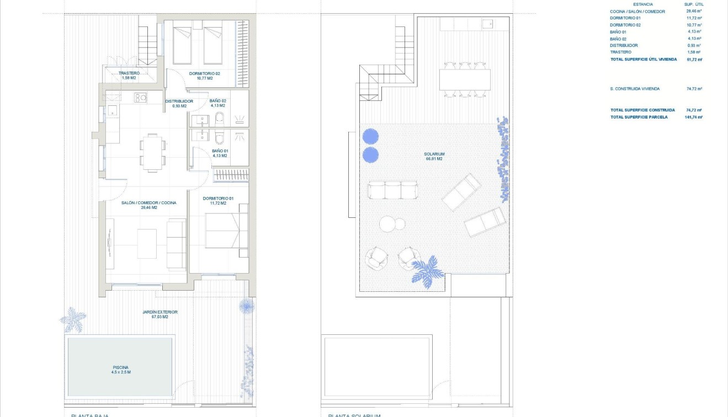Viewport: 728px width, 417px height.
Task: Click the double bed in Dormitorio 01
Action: [223, 231]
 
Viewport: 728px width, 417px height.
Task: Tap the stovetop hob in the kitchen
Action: [140, 98]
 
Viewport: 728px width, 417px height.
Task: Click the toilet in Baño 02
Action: [219, 118]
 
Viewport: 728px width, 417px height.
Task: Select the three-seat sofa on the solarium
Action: [392, 190]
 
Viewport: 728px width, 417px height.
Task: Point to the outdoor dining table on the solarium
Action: [465, 79]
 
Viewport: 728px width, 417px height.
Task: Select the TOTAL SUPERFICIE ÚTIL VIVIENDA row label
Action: [643, 59]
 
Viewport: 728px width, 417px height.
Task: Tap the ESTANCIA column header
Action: [642, 4]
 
